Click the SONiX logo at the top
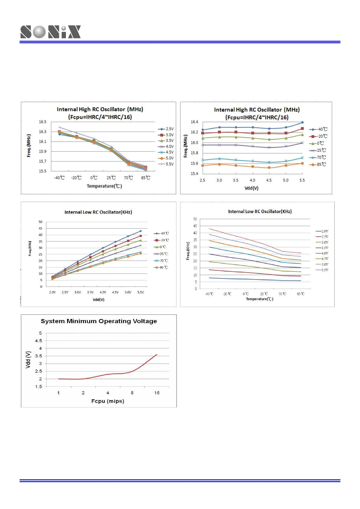[x=50, y=32]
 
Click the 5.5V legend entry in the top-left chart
[x=166, y=164]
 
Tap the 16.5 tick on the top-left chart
[x=43, y=122]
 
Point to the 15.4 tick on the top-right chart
[x=194, y=173]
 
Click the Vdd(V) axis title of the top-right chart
[x=251, y=188]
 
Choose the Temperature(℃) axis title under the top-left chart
[x=104, y=186]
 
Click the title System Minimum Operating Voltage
[x=99, y=321]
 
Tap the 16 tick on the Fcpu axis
[x=157, y=393]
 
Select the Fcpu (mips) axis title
[x=108, y=401]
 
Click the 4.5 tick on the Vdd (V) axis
[x=39, y=341]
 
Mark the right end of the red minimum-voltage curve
[x=157, y=355]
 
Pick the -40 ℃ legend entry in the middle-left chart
[x=161, y=233]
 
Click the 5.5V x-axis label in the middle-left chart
[x=141, y=292]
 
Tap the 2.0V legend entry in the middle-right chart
[x=322, y=231]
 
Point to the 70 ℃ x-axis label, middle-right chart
[x=282, y=294]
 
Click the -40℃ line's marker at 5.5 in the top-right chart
[x=302, y=122]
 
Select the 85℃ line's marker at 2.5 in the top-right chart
[x=203, y=165]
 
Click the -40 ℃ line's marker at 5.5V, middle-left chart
[x=141, y=231]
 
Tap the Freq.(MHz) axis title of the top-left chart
[x=29, y=146]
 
